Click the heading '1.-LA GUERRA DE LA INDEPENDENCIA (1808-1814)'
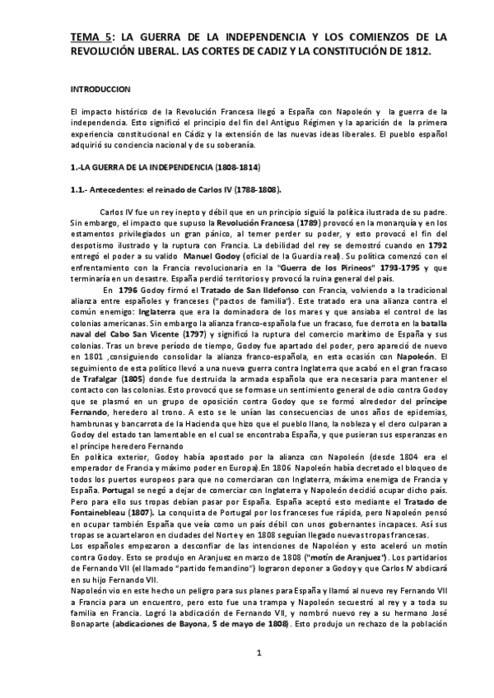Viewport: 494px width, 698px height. tap(153, 167)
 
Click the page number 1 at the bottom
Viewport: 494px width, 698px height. tap(259, 677)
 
